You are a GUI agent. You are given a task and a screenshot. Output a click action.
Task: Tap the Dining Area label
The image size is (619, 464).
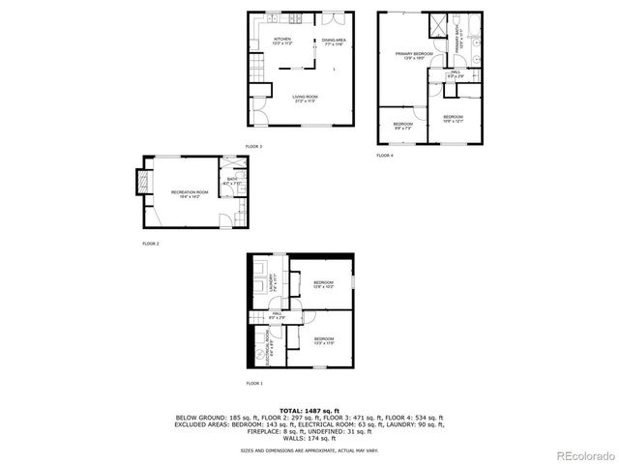pyautogui.click(x=335, y=42)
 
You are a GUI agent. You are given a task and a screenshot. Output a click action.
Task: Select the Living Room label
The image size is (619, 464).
pyautogui.click(x=306, y=98)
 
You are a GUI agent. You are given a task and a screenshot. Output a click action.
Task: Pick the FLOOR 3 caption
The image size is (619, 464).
pyautogui.click(x=253, y=146)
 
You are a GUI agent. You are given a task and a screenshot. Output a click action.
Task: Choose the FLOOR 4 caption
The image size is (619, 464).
pyautogui.click(x=385, y=155)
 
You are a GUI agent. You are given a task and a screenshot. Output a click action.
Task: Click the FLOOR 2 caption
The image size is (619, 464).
pyautogui.click(x=150, y=244)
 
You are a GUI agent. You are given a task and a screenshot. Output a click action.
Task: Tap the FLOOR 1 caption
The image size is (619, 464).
pyautogui.click(x=253, y=384)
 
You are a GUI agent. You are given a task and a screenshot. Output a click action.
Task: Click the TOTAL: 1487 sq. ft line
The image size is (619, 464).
pyautogui.click(x=309, y=411)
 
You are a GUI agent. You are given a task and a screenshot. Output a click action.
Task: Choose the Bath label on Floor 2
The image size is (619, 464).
pyautogui.click(x=232, y=181)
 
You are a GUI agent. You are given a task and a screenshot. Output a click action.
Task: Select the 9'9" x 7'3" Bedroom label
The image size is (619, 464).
pyautogui.click(x=403, y=126)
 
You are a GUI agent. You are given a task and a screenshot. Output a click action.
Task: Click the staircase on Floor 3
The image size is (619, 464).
pyautogui.click(x=256, y=69)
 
